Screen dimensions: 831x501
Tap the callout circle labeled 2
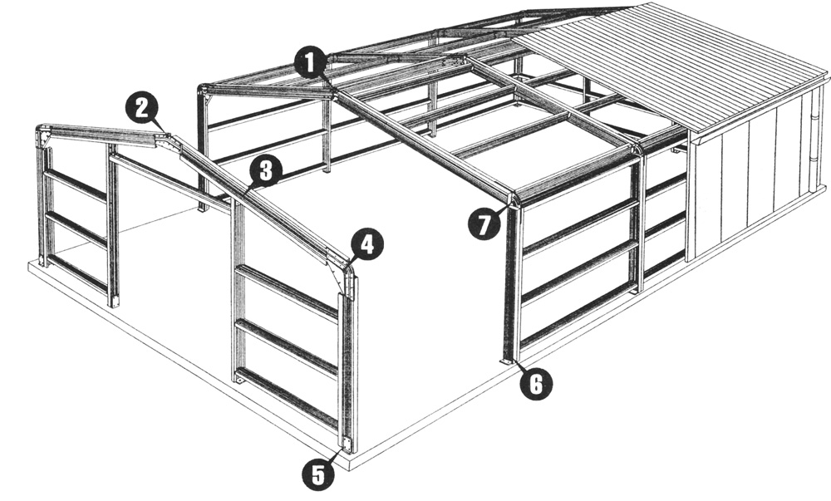(142, 109)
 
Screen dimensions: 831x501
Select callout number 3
(267, 170)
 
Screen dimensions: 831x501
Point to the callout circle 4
(366, 244)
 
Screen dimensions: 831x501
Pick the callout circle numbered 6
(536, 383)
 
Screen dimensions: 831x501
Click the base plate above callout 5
(347, 444)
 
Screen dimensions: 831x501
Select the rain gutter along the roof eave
(758, 109)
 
